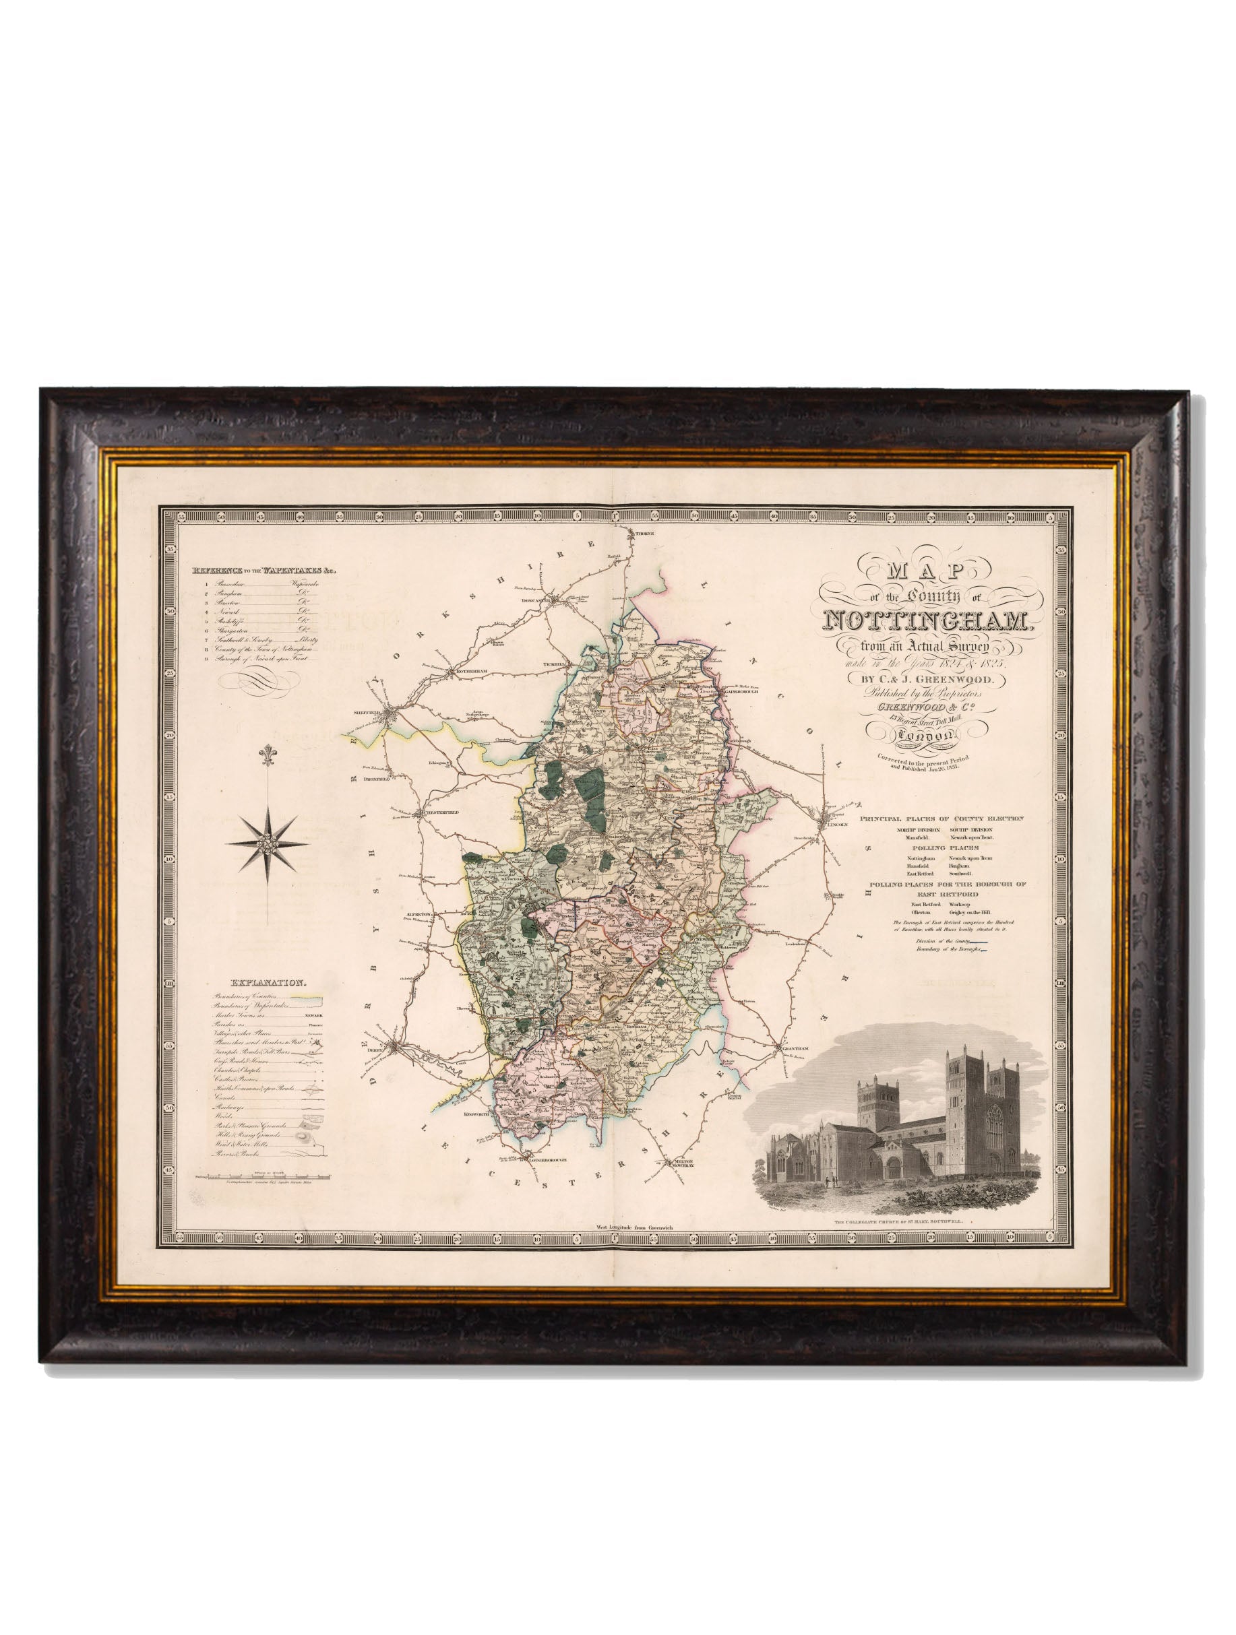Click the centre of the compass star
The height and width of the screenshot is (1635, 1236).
click(268, 844)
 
